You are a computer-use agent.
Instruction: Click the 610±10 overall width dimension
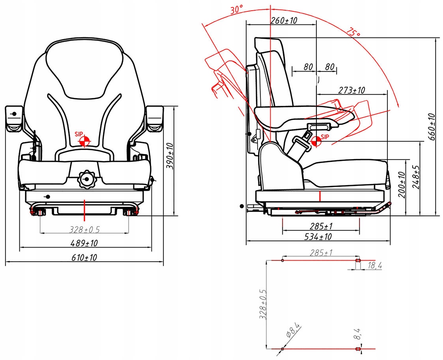(x=84, y=258)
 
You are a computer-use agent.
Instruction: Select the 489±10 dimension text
(x=84, y=243)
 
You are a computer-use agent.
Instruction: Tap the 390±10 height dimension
(x=170, y=156)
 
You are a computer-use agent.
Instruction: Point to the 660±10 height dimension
(x=432, y=127)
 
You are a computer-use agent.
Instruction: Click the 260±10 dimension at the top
(x=284, y=21)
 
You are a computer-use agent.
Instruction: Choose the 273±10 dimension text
(x=351, y=90)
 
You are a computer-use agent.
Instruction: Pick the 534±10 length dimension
(x=319, y=237)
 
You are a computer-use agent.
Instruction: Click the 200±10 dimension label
(x=401, y=185)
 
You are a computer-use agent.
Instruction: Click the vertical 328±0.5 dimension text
(x=263, y=304)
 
